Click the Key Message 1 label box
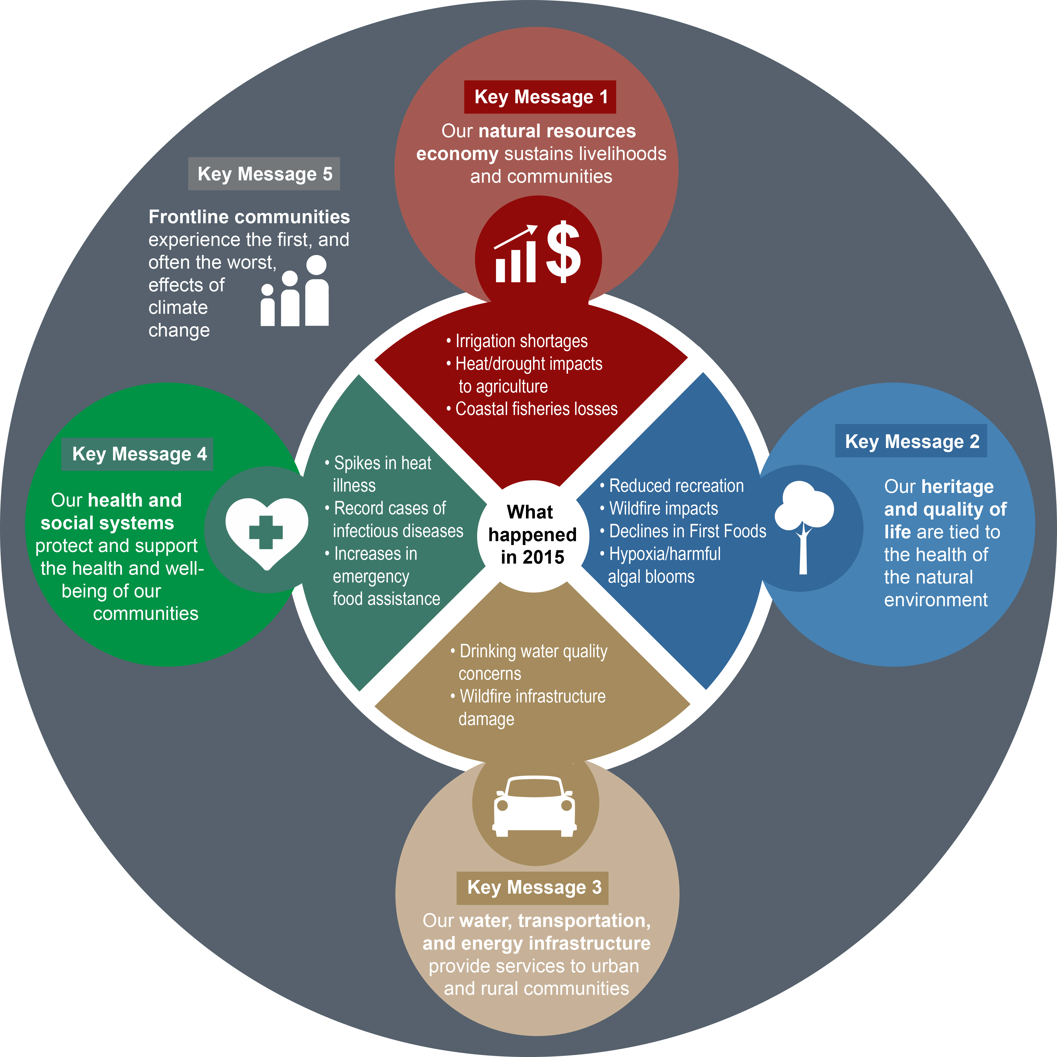(540, 97)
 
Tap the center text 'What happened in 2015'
(532, 534)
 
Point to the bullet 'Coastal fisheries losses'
(532, 409)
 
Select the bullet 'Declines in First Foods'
(683, 531)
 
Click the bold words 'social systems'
(107, 523)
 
